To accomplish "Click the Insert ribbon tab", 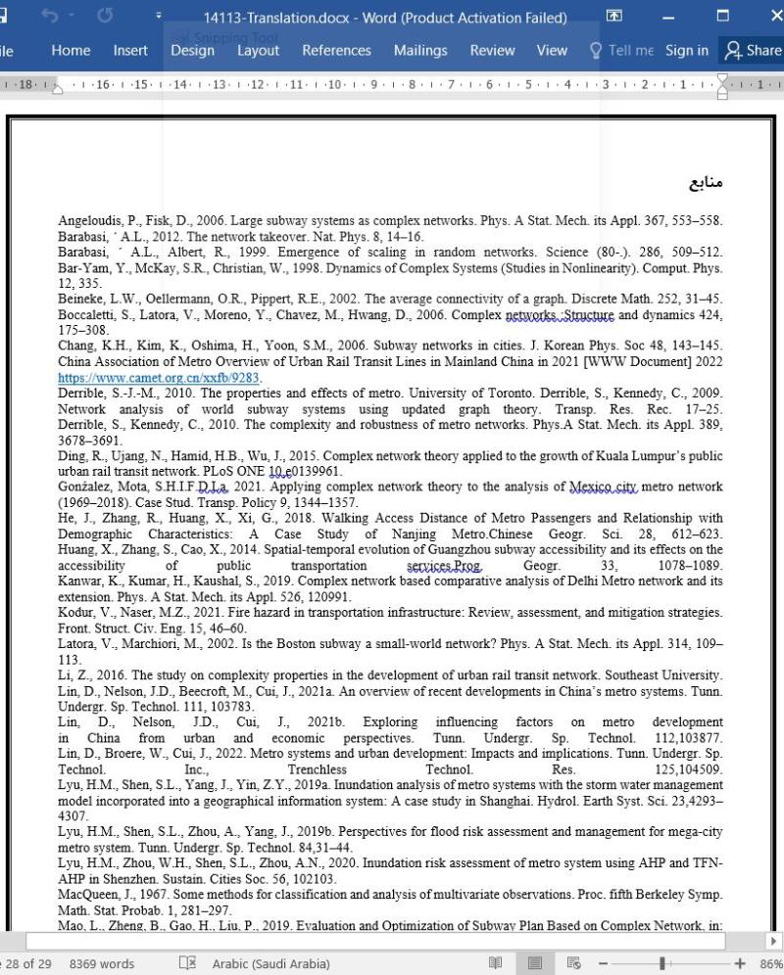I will coord(130,51).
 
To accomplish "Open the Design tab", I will coord(192,51).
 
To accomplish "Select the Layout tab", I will coord(258,51).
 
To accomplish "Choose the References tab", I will coord(336,51).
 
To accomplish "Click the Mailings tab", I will coord(420,51).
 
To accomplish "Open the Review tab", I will coord(492,51).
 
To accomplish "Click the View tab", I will coord(552,51).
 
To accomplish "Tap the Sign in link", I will coord(686,51).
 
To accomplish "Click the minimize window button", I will coord(669,17).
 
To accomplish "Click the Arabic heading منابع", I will coord(706,183).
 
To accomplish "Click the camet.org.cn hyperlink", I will coord(160,378).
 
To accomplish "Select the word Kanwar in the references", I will coord(79,581).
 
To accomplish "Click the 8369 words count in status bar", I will coord(102,964).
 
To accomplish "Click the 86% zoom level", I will coord(770,964).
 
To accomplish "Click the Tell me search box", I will coord(621,51).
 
